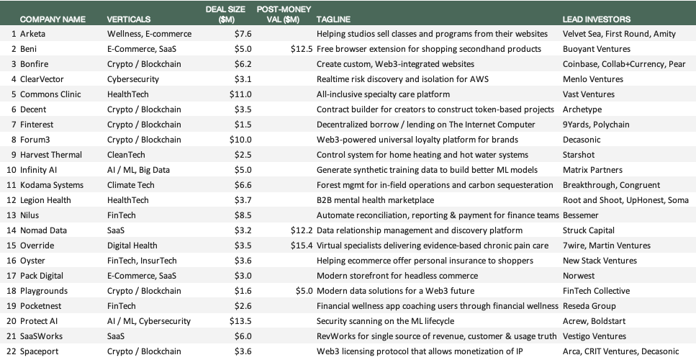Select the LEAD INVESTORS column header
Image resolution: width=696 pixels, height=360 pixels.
pos(597,19)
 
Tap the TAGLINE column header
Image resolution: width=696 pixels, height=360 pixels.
pos(333,19)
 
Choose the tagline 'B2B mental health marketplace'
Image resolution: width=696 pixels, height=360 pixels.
pos(375,200)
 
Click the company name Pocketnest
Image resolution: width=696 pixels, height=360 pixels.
pos(42,306)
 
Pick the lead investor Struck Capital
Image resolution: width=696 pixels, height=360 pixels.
pos(589,230)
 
